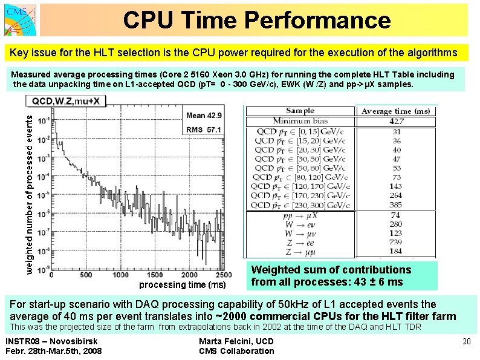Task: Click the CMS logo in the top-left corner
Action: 19,19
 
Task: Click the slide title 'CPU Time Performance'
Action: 257,21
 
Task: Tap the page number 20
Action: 466,342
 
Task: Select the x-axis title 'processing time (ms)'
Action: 183,284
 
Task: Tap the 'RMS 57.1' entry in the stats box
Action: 204,129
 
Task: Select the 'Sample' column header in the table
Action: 300,111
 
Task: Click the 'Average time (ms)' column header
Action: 395,111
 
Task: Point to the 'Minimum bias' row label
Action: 300,121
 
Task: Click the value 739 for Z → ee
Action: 395,242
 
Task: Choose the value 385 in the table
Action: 395,205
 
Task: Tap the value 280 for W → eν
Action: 395,224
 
